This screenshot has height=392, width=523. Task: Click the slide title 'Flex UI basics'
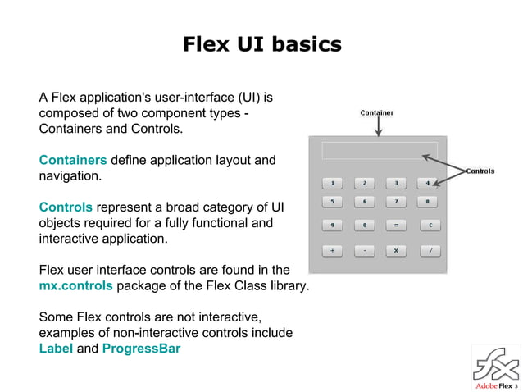(261, 43)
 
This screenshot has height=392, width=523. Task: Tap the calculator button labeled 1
(332, 182)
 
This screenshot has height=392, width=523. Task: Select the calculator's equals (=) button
(396, 224)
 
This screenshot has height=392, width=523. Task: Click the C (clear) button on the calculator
(430, 224)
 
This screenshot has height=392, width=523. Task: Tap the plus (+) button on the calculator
(332, 251)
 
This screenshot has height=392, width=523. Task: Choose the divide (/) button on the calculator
(430, 251)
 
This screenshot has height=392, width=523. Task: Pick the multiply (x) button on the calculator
(396, 251)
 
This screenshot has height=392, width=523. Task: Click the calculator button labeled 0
(365, 224)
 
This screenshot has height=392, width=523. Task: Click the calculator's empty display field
(380, 150)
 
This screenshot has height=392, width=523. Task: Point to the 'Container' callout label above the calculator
(377, 112)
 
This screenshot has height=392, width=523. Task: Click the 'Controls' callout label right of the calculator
(480, 171)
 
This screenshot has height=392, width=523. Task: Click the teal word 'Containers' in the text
(73, 160)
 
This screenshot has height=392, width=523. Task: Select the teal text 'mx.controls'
(76, 285)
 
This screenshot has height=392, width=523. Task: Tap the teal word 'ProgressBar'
(141, 349)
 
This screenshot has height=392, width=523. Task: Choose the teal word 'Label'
(56, 349)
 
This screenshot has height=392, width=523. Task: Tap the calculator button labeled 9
(332, 224)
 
